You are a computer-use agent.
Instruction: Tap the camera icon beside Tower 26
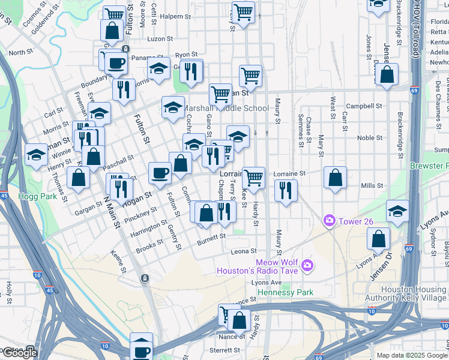coord(329,221)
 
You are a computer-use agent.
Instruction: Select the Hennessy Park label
coord(285,292)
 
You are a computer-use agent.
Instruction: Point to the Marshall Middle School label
coord(226,109)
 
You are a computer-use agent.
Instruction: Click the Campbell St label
coord(367,106)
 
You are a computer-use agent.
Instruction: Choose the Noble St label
coord(370,137)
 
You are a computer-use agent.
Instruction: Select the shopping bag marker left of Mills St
coord(335,178)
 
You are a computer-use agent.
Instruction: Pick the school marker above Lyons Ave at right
coord(397,211)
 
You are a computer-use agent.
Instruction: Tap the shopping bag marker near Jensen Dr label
coord(379,239)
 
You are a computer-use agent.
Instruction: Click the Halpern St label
coord(175,16)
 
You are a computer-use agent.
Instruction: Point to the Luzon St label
coord(160,38)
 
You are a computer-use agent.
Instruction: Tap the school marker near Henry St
coord(36,155)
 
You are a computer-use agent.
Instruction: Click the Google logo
coord(19,353)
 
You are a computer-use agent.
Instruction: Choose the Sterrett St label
coord(225,350)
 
